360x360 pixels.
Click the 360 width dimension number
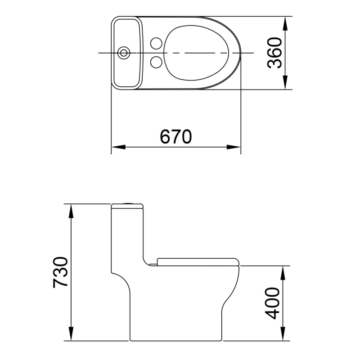pyautogui.click(x=274, y=53)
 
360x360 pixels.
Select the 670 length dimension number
pyautogui.click(x=176, y=136)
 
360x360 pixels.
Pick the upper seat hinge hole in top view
pyautogui.click(x=156, y=44)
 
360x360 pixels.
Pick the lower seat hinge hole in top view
pyautogui.click(x=156, y=62)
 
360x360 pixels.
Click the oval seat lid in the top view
pyautogui.click(x=197, y=53)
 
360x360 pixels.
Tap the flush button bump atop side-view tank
pyautogui.click(x=127, y=204)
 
